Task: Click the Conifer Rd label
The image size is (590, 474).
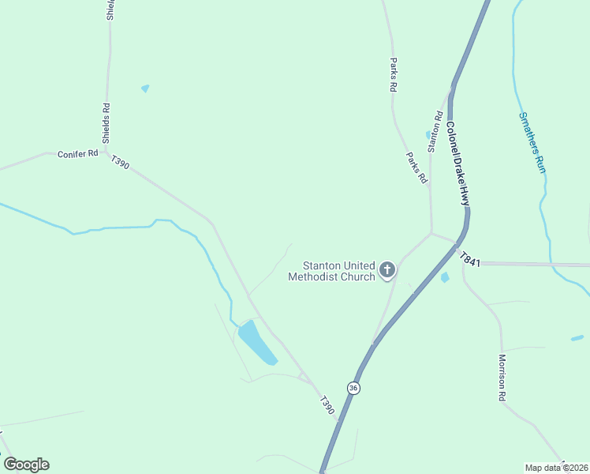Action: tap(77, 154)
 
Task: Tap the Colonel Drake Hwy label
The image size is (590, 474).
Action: tap(457, 164)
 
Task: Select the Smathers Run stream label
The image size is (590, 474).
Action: tap(532, 143)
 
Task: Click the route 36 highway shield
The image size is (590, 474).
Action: tap(353, 388)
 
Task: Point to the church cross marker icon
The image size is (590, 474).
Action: tap(387, 270)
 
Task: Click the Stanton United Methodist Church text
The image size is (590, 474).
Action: tap(331, 271)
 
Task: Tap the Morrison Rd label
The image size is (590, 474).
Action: tap(502, 378)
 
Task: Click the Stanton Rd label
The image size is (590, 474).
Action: tap(433, 132)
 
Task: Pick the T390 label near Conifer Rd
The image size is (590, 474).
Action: tap(120, 162)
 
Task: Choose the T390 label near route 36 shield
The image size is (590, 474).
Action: tap(327, 405)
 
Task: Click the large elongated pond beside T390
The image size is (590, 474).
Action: tap(257, 342)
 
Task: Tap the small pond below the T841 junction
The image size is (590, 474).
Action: tap(445, 277)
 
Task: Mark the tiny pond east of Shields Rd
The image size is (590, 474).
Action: tap(145, 88)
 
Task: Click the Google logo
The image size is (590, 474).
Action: tap(27, 465)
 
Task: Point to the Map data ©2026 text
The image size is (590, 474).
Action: tap(557, 467)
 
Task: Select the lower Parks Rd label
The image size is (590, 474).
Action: tap(416, 168)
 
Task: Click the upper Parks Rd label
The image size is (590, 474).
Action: tap(392, 75)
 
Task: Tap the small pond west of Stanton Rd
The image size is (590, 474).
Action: tap(428, 135)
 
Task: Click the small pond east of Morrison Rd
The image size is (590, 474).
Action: tap(577, 338)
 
